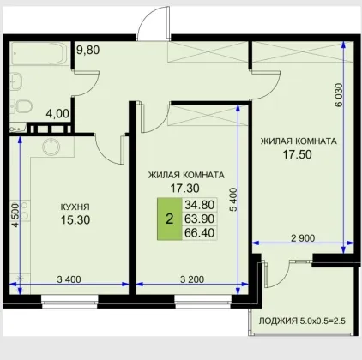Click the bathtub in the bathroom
pyautogui.click(x=39, y=54)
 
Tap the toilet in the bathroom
pyautogui.click(x=22, y=105)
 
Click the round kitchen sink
pyautogui.click(x=51, y=147)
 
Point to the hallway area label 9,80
pyautogui.click(x=88, y=50)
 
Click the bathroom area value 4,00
pyautogui.click(x=57, y=114)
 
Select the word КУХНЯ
pyautogui.click(x=75, y=207)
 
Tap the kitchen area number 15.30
pyautogui.click(x=75, y=219)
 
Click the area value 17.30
pyautogui.click(x=184, y=189)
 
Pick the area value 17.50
pyautogui.click(x=297, y=154)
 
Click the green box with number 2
pyautogui.click(x=170, y=219)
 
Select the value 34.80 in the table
pyautogui.click(x=200, y=205)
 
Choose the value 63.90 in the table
pyautogui.click(x=200, y=219)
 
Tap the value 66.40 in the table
pyautogui.click(x=200, y=233)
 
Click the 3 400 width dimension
pyautogui.click(x=69, y=279)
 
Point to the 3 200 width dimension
pyautogui.click(x=192, y=279)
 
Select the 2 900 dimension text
pyautogui.click(x=303, y=238)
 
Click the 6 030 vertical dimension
pyautogui.click(x=339, y=95)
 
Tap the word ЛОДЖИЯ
pyautogui.click(x=278, y=321)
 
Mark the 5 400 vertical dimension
pyautogui.click(x=233, y=200)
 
